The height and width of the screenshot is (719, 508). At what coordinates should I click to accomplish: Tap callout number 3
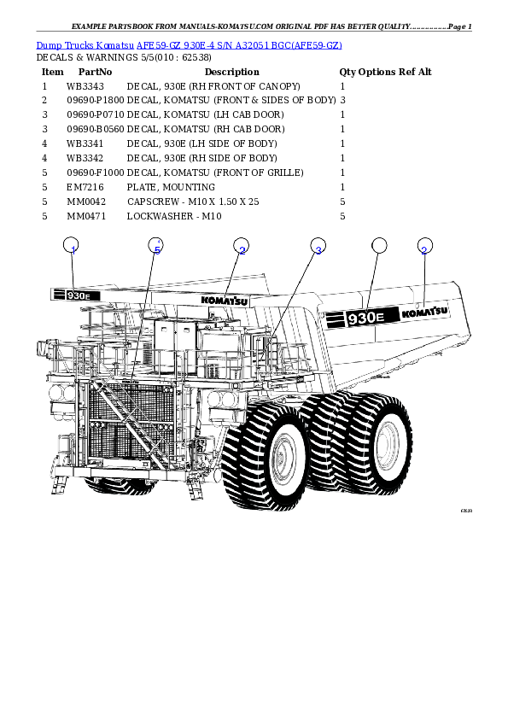tap(318, 248)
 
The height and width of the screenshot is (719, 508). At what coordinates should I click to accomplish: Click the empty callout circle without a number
tap(379, 246)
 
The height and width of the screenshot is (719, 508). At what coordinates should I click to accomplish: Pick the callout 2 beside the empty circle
tap(423, 248)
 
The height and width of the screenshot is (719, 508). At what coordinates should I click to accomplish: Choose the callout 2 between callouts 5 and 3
tap(242, 248)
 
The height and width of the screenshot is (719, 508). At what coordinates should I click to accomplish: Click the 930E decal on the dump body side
tap(359, 318)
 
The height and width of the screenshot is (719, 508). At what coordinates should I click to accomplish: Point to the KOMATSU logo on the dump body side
tap(424, 313)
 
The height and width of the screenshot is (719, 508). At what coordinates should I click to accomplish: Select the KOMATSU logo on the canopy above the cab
tap(225, 300)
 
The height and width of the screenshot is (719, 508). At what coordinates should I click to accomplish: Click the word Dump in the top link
tap(47, 45)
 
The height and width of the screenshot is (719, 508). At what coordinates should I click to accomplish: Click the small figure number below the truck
tap(465, 511)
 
